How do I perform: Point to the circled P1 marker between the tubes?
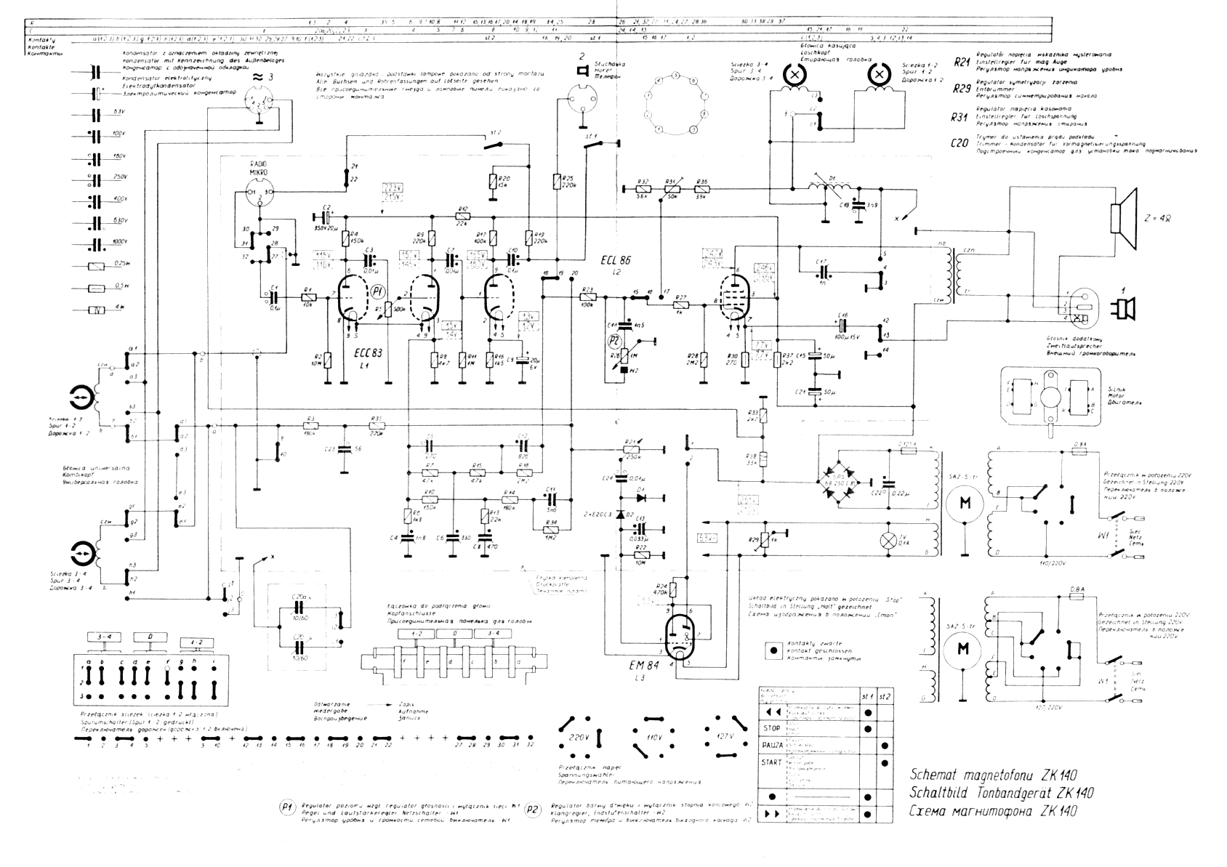click(x=377, y=291)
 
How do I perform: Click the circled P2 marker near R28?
click(x=614, y=340)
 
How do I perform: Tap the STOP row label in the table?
click(x=771, y=728)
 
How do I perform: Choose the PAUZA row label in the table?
click(x=773, y=746)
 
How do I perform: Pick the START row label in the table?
click(x=772, y=762)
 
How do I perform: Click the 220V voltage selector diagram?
click(x=580, y=737)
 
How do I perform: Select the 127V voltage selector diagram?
click(x=724, y=737)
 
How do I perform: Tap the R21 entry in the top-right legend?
click(x=962, y=65)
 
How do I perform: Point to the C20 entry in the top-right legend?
click(x=960, y=143)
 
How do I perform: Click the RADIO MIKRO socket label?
click(x=259, y=169)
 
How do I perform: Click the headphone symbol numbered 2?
click(x=582, y=70)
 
